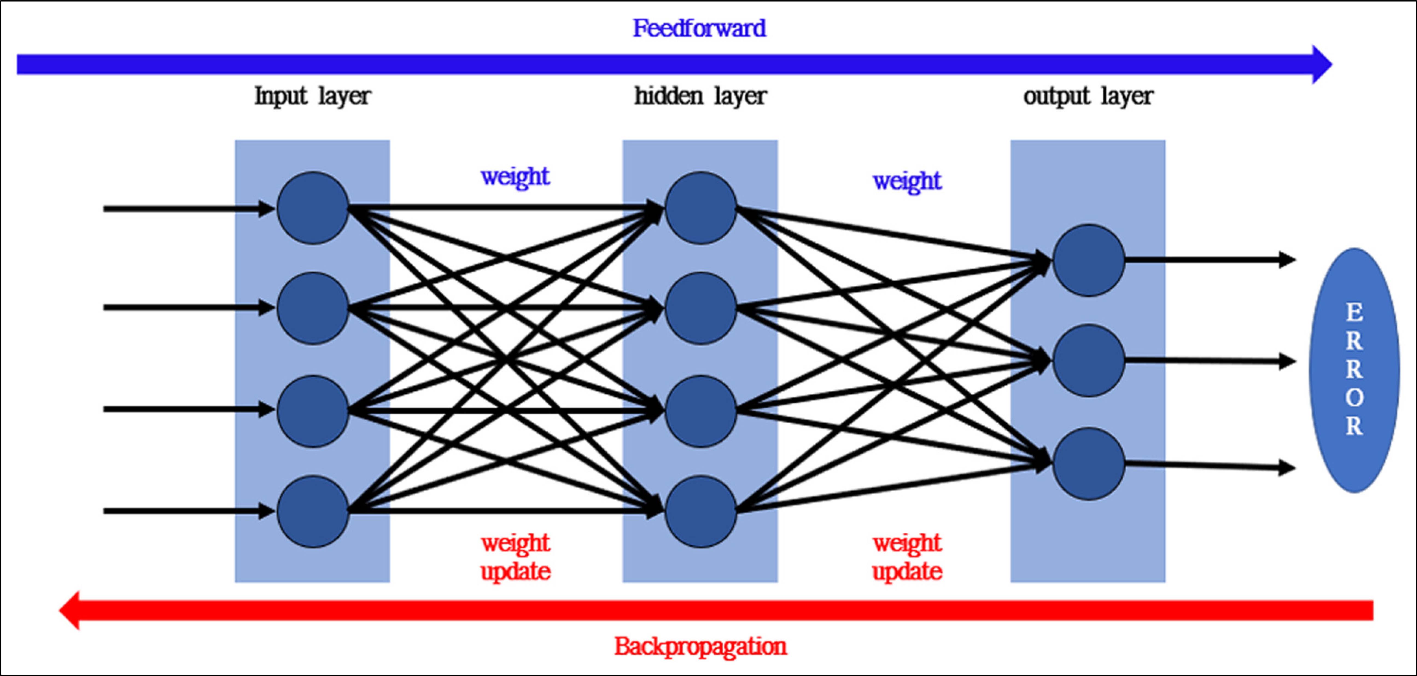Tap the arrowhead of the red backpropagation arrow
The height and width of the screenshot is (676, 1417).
point(70,610)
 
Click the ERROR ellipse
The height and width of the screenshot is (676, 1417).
point(1354,370)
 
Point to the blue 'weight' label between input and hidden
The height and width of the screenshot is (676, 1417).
point(515,177)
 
